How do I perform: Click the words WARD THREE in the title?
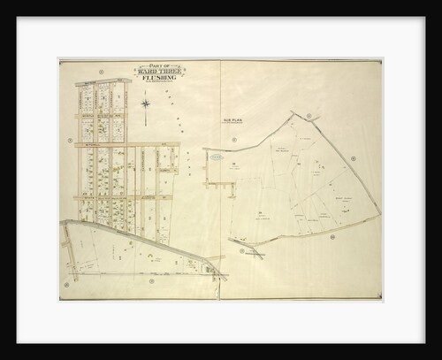(157, 72)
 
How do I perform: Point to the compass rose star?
(145, 104)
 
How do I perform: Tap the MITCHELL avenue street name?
(90, 142)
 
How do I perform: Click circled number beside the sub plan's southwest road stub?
(240, 250)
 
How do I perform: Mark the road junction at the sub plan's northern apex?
(295, 113)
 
